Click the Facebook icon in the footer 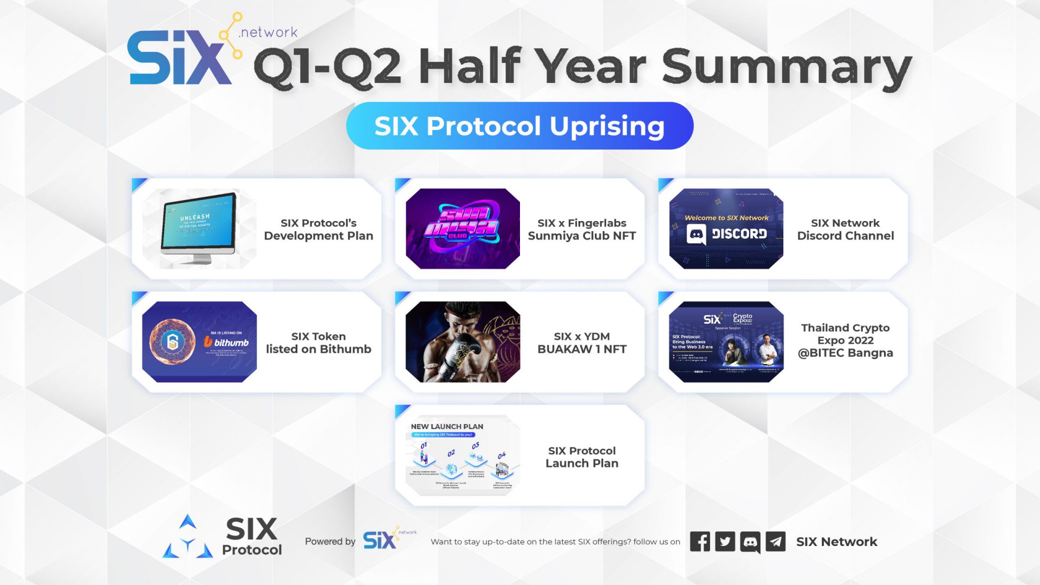(700, 542)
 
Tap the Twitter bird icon (725, 542)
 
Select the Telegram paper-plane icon (776, 542)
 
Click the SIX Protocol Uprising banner (519, 126)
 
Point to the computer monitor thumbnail (199, 227)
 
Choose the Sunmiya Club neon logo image (462, 228)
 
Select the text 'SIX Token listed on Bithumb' (318, 342)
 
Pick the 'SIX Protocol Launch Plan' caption (582, 457)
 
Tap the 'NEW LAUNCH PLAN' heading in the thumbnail (447, 426)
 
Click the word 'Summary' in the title (786, 68)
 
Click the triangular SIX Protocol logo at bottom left (188, 537)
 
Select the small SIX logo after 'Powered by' (380, 540)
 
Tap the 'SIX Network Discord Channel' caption (845, 229)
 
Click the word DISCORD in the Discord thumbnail (739, 234)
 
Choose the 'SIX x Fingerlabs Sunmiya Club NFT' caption (582, 229)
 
